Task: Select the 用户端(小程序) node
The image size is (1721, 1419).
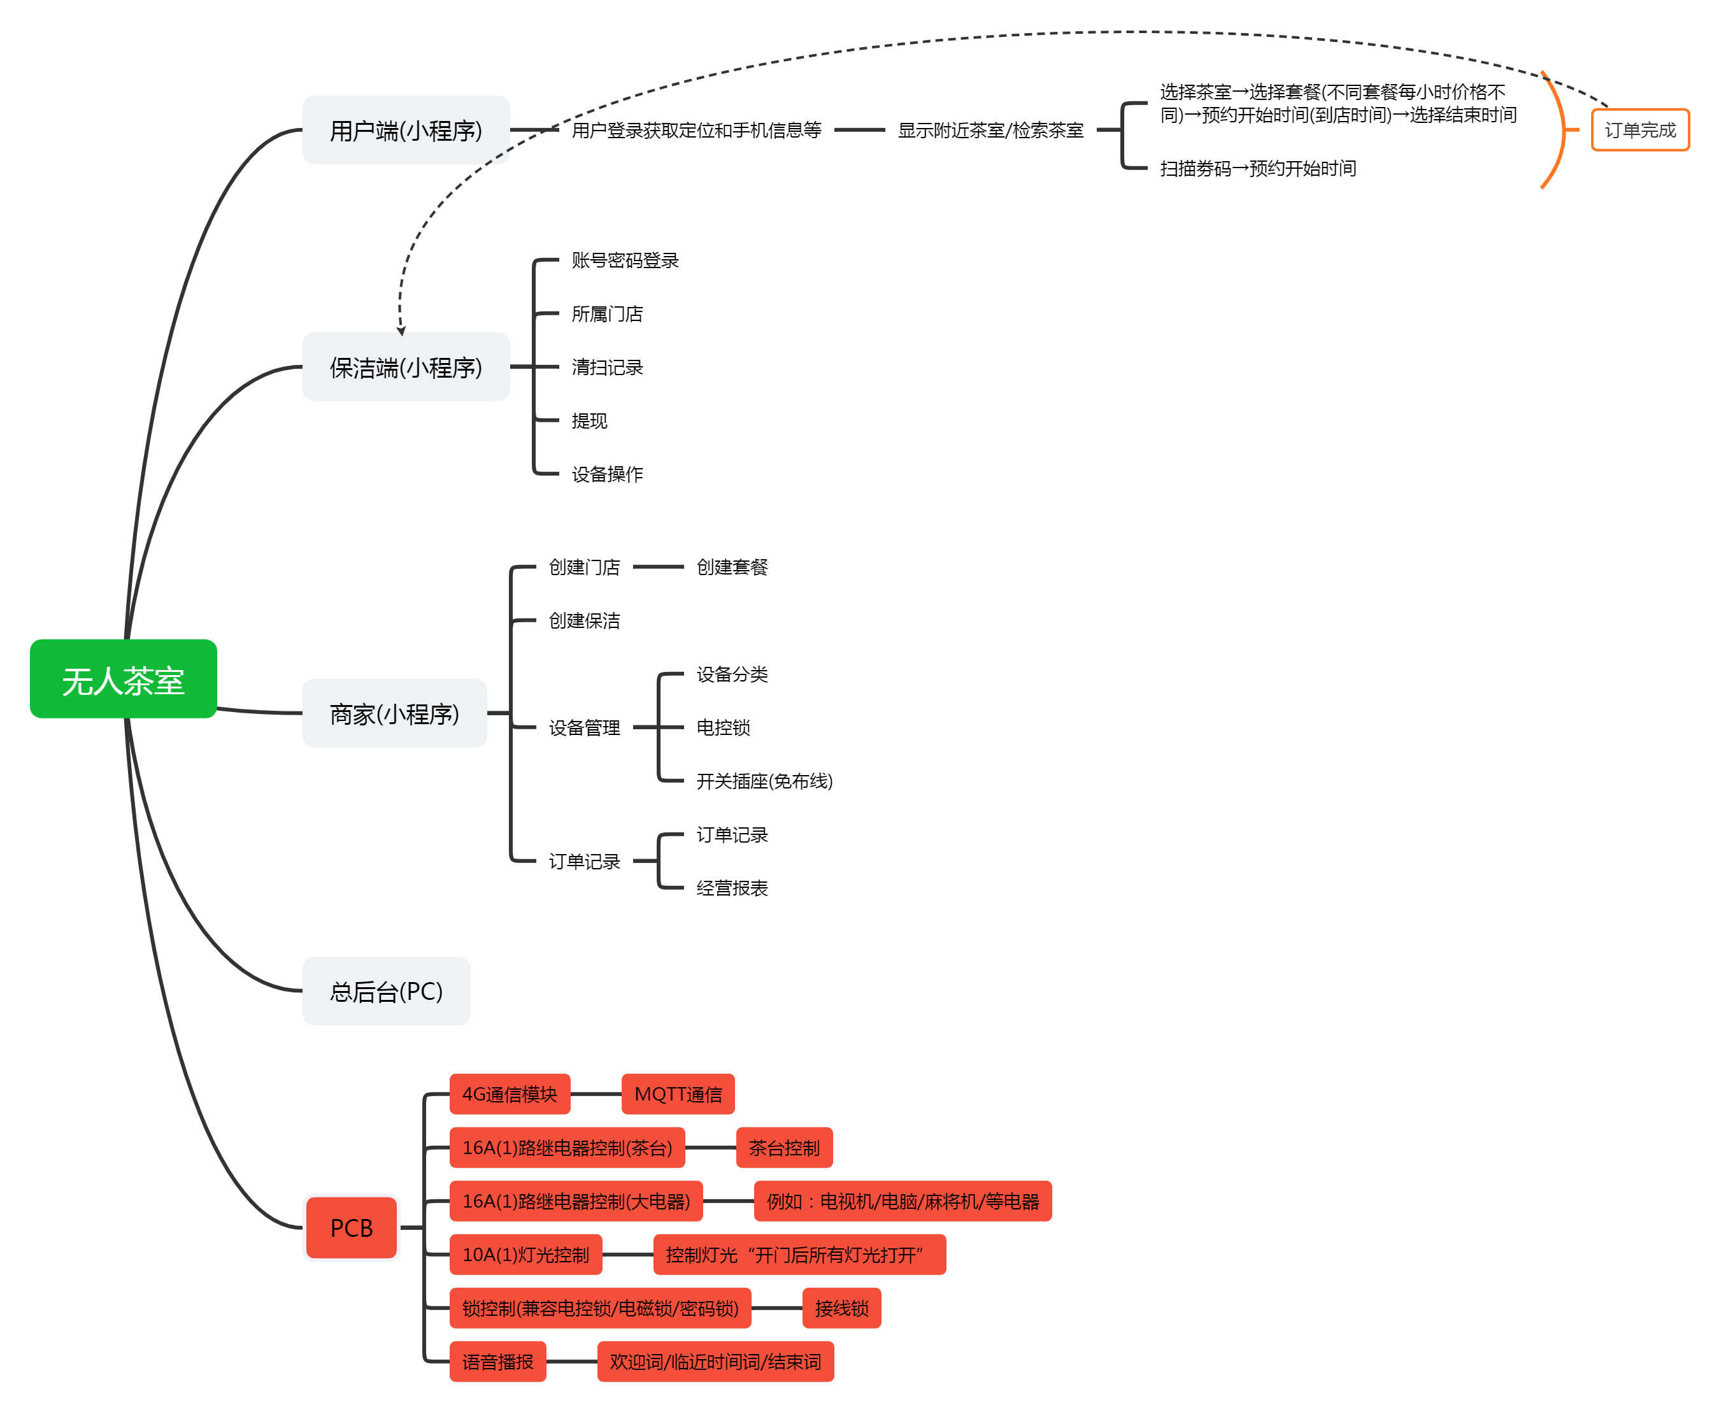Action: (406, 130)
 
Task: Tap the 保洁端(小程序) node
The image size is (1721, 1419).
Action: (406, 367)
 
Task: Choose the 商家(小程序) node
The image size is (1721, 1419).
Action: (394, 713)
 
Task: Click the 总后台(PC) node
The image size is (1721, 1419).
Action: (386, 990)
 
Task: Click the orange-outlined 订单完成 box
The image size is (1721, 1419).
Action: (1639, 130)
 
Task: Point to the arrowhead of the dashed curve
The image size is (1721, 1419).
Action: (401, 331)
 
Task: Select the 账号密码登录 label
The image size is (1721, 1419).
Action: (625, 260)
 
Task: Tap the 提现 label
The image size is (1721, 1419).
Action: (589, 420)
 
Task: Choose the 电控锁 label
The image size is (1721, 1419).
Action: (723, 727)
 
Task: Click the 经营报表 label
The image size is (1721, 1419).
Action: (732, 888)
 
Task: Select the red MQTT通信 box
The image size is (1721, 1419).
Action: (678, 1094)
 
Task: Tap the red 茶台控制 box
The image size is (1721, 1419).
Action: (784, 1148)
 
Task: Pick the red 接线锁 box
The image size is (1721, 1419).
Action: (841, 1308)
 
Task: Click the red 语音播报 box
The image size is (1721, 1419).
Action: (497, 1362)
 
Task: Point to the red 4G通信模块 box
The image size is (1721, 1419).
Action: (510, 1094)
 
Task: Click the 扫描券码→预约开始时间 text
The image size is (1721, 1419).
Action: (1257, 168)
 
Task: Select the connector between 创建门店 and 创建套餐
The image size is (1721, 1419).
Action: (658, 566)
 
